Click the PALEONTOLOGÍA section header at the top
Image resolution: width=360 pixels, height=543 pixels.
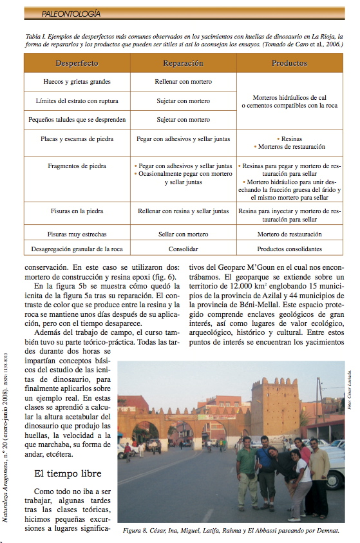[70, 13]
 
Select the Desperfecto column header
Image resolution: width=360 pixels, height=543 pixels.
[77, 64]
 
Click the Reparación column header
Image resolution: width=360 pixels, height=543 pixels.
[183, 64]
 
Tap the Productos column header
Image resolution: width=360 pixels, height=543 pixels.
[289, 64]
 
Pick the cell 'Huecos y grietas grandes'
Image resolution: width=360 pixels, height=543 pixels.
[77, 82]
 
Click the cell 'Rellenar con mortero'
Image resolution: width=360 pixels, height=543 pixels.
[183, 82]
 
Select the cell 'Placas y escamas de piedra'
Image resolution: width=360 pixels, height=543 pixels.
[77, 138]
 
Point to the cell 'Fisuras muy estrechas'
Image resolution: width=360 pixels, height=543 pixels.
[77, 234]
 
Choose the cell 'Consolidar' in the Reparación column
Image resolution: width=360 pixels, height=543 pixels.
[183, 249]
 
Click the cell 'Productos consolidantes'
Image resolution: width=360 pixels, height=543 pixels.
[289, 249]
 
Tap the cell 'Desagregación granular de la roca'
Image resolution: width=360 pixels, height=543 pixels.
[77, 249]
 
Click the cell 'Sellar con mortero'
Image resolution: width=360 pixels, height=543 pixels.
[183, 234]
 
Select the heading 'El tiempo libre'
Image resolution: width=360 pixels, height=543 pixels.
[67, 473]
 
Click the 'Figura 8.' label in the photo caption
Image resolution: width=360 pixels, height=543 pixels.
[137, 532]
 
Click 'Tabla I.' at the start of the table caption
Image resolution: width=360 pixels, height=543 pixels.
[36, 37]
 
